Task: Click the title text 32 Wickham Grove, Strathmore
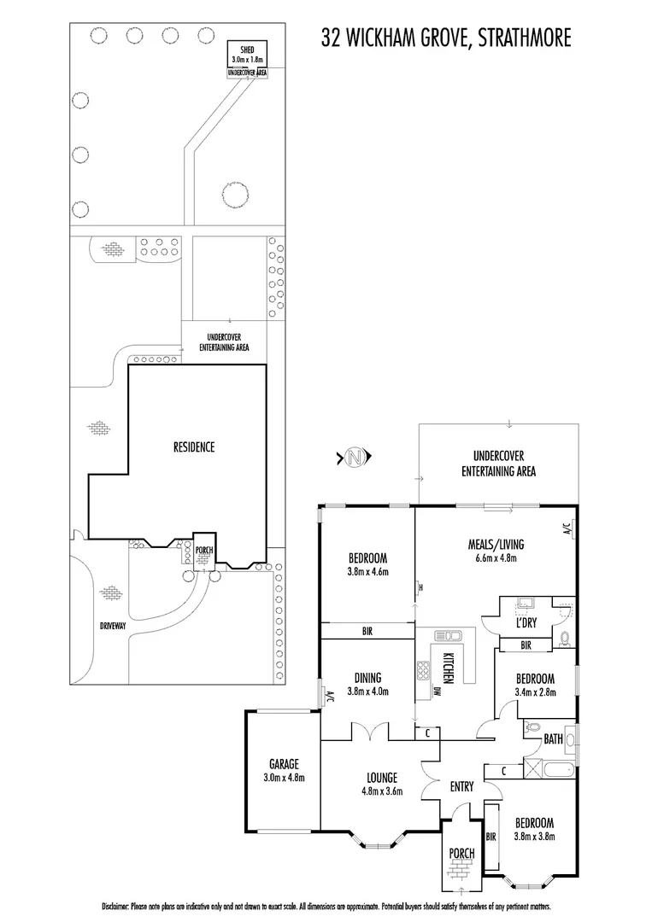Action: point(445,38)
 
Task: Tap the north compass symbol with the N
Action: point(354,458)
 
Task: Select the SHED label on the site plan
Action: point(247,51)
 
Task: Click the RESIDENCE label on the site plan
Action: point(194,446)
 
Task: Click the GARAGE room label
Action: point(282,764)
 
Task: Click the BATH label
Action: point(553,739)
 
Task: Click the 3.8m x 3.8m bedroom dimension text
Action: point(535,837)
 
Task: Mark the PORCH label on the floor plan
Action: point(461,852)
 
